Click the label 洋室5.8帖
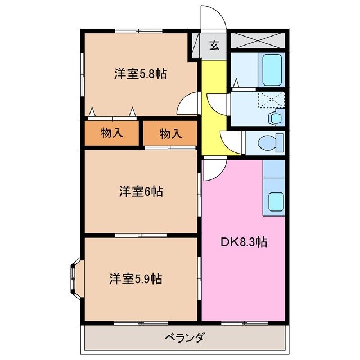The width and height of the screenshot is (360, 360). coord(141,73)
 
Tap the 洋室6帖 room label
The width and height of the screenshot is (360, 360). coord(141,191)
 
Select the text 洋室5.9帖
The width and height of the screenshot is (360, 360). coord(136,278)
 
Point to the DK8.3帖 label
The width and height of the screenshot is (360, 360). coord(243,242)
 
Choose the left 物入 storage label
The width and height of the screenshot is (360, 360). coord(112,133)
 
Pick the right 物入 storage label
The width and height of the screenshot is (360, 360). coord(170,133)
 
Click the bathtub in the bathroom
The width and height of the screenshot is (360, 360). coord(271,70)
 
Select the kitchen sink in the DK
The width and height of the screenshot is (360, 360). coord(274,200)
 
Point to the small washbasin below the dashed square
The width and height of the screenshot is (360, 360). coord(275,118)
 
